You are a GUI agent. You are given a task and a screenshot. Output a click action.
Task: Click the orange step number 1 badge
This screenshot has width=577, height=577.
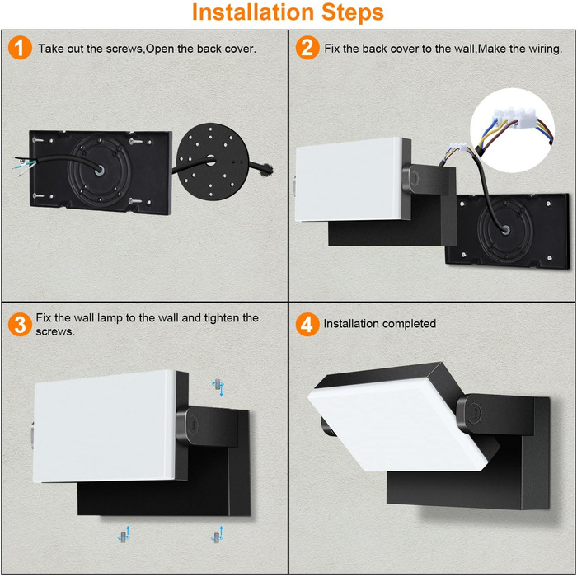tap(20, 48)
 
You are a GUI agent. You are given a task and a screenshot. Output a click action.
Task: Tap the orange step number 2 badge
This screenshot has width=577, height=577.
tap(307, 48)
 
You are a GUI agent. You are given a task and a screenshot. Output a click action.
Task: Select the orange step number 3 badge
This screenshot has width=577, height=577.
tap(20, 324)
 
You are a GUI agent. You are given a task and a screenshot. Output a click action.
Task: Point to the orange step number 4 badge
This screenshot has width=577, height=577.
tap(307, 324)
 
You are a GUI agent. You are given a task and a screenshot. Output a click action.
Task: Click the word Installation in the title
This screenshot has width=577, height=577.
tap(253, 12)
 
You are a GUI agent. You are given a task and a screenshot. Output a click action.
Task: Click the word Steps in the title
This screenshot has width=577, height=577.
tap(353, 13)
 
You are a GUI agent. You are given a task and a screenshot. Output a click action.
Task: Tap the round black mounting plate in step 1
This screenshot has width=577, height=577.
tap(213, 162)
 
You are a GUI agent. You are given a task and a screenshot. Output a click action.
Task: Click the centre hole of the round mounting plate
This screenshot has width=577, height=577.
tap(211, 161)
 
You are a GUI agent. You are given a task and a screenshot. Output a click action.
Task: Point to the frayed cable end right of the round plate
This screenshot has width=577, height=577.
tap(266, 169)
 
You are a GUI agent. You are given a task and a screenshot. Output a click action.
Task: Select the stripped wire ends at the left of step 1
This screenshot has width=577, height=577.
tap(24, 165)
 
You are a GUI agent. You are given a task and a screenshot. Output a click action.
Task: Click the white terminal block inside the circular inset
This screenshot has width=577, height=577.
tap(514, 116)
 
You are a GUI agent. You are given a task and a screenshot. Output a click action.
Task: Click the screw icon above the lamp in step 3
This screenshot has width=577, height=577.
tap(218, 387)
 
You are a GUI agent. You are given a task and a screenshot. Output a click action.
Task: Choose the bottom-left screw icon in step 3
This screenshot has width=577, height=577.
tap(124, 535)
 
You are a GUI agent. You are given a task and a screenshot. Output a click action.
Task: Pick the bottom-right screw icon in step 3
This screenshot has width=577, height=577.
tap(218, 535)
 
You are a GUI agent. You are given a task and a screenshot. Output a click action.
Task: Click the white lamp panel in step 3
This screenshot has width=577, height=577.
tap(105, 426)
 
